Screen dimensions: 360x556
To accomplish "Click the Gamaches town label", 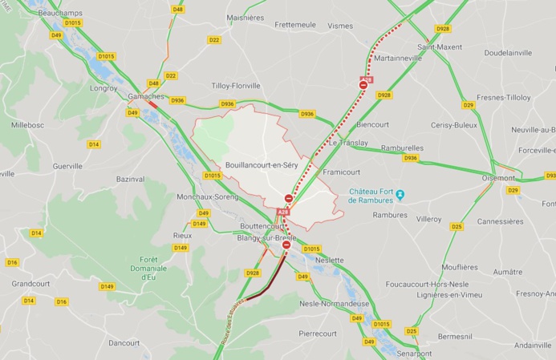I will pos(146,96).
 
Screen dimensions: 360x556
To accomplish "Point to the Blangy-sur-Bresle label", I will pos(267,238).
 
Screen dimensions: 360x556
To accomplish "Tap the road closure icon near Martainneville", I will pos(363,84).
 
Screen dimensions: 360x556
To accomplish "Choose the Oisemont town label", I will pos(498,178).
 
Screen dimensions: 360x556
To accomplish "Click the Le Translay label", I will pos(349,143).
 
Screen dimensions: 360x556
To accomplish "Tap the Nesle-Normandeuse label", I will pos(334,304).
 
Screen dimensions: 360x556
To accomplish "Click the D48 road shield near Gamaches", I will pos(153,83).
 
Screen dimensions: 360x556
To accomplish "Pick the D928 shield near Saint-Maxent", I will pos(443,29).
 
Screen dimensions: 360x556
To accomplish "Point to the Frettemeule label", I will pos(295,25).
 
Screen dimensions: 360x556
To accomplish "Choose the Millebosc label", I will pos(28,126).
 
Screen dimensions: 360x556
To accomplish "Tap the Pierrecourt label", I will pos(318,333).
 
